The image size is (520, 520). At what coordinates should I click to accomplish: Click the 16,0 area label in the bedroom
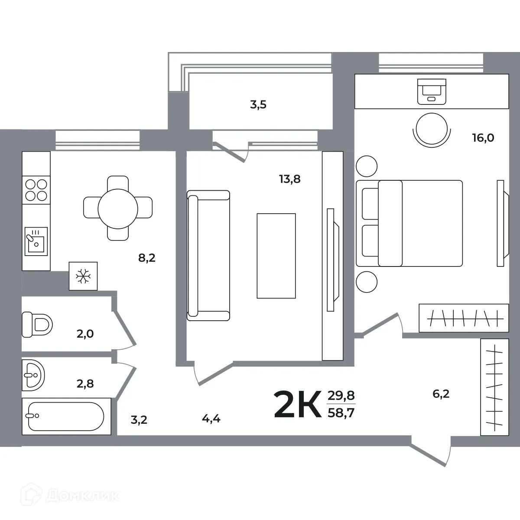(483, 138)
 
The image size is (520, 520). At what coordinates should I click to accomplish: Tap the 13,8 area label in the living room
(289, 179)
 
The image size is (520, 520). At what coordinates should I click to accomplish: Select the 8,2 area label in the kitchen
(147, 258)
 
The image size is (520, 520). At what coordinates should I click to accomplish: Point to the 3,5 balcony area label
(258, 105)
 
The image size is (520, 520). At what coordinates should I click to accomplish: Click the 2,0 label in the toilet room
(85, 334)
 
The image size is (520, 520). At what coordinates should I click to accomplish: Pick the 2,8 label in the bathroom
(85, 384)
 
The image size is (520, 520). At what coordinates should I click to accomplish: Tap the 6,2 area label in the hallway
(441, 394)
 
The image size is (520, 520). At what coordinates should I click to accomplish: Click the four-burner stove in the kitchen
(36, 190)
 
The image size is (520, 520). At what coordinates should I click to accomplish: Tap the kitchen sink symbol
(36, 241)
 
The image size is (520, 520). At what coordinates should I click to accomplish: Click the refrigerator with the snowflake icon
(83, 276)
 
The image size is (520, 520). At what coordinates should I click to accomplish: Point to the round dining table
(118, 208)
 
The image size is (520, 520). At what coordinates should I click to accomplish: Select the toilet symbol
(37, 325)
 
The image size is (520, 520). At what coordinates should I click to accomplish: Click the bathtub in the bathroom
(66, 416)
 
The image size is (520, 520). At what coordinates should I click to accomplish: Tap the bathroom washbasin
(33, 375)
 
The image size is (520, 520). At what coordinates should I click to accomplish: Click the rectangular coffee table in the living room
(276, 256)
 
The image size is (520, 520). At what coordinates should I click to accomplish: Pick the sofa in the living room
(208, 256)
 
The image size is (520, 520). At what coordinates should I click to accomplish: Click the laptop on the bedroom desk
(432, 91)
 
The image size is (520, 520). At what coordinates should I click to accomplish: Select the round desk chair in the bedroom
(432, 129)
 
